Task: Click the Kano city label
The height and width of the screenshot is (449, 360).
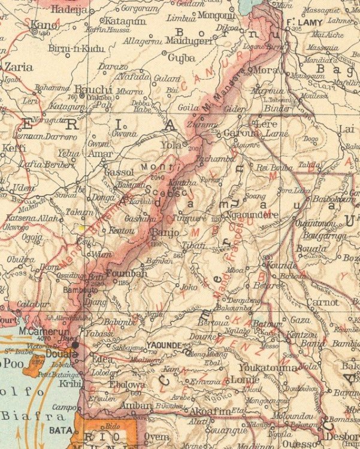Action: coord(43,25)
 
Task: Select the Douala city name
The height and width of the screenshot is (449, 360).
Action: coord(62,354)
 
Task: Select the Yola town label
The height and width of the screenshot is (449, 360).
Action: coord(171,144)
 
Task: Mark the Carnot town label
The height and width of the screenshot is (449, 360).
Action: coord(322,302)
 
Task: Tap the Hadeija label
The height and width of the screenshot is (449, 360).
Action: coord(70,10)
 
